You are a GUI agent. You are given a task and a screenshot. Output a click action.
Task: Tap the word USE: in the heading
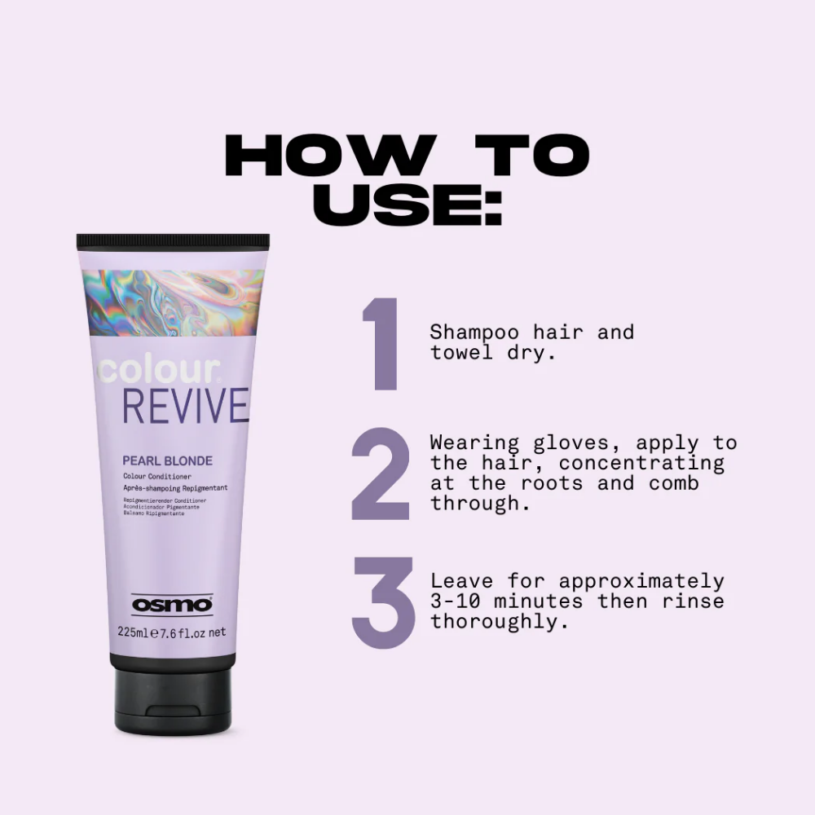pyautogui.click(x=407, y=207)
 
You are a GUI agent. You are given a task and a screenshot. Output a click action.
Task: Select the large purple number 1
pyautogui.click(x=381, y=344)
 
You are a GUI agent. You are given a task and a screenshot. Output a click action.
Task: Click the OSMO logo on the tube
pyautogui.click(x=172, y=605)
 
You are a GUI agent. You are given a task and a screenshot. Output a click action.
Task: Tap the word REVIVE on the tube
pyautogui.click(x=185, y=407)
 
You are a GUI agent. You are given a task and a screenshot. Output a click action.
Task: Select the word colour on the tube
pyautogui.click(x=155, y=371)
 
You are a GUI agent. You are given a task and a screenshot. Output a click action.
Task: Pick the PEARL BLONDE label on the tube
pyautogui.click(x=167, y=460)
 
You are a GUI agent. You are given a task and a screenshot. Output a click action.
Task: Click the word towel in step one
pyautogui.click(x=460, y=353)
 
